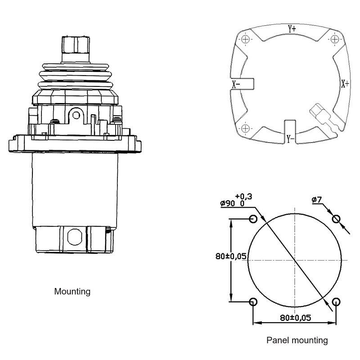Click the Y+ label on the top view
[x=292, y=28]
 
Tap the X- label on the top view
[x=236, y=84]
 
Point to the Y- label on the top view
[x=291, y=138]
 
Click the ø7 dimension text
[x=317, y=199]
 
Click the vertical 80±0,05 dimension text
[x=231, y=256]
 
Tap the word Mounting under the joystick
[x=72, y=292]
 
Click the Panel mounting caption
[x=297, y=340]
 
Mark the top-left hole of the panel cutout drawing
[x=253, y=219]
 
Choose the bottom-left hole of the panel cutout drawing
[x=253, y=301]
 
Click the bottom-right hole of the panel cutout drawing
[x=336, y=301]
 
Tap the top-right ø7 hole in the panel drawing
[x=336, y=219]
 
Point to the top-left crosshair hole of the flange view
[x=245, y=40]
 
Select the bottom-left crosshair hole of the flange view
[x=245, y=129]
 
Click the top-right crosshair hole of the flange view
[x=334, y=40]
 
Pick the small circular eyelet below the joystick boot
[x=76, y=116]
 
